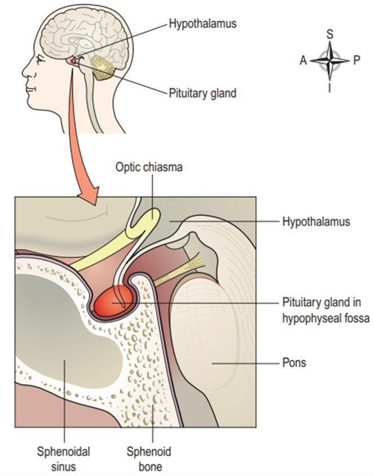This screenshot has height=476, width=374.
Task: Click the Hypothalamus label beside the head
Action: coord(202,24)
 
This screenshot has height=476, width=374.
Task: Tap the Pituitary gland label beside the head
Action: coord(202,94)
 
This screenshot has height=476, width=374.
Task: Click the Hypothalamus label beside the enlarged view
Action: coord(315,222)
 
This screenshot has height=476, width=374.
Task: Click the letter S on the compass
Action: coord(330,33)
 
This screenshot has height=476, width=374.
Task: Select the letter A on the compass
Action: coord(303,60)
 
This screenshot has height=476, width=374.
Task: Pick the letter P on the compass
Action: coord(357,60)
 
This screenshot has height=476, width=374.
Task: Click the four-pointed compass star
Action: coord(330,60)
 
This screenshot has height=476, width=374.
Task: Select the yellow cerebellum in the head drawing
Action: coord(103,68)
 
